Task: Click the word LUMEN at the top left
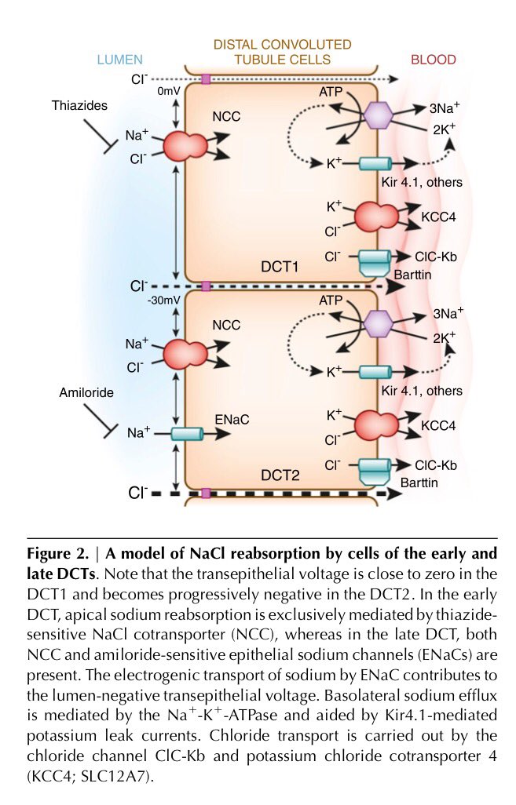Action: click(x=119, y=60)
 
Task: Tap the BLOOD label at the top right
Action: click(x=433, y=60)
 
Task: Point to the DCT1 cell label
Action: click(x=280, y=268)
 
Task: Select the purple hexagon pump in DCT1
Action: click(x=376, y=117)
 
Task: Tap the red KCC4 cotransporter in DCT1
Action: click(x=379, y=216)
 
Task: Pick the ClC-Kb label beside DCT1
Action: click(x=436, y=257)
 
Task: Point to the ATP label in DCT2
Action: click(x=331, y=300)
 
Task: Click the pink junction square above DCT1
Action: click(x=206, y=79)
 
